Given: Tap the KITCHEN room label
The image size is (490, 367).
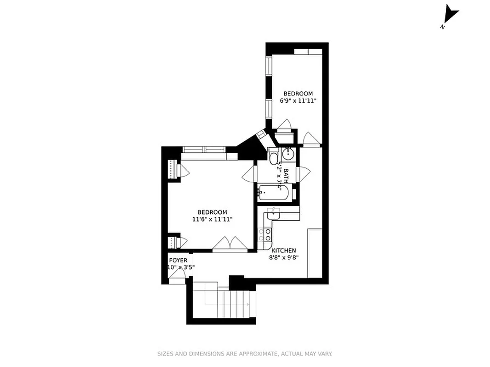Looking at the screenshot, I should pos(283,250).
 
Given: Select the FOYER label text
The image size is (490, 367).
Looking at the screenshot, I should pos(178,261).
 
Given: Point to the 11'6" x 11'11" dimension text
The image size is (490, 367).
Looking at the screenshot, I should pos(212,219).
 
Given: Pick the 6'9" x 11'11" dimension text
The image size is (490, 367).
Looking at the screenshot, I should pos(298,100).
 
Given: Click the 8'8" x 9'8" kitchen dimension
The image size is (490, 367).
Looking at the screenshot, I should pos(284,257).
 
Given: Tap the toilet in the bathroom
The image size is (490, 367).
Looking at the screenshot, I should pos(274,157).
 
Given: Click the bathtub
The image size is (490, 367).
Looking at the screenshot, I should pos(273,193).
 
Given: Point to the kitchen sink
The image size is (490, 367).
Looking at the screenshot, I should pos(274,213).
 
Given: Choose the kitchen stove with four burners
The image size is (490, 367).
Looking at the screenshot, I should pos(265,235).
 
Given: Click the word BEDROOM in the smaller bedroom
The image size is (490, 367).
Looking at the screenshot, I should pos(298,94).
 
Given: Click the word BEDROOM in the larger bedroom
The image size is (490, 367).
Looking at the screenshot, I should pos(212,212).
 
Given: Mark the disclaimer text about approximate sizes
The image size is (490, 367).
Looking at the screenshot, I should pos(245,354).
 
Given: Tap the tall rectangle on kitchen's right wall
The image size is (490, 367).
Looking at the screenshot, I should pos(315,253).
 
